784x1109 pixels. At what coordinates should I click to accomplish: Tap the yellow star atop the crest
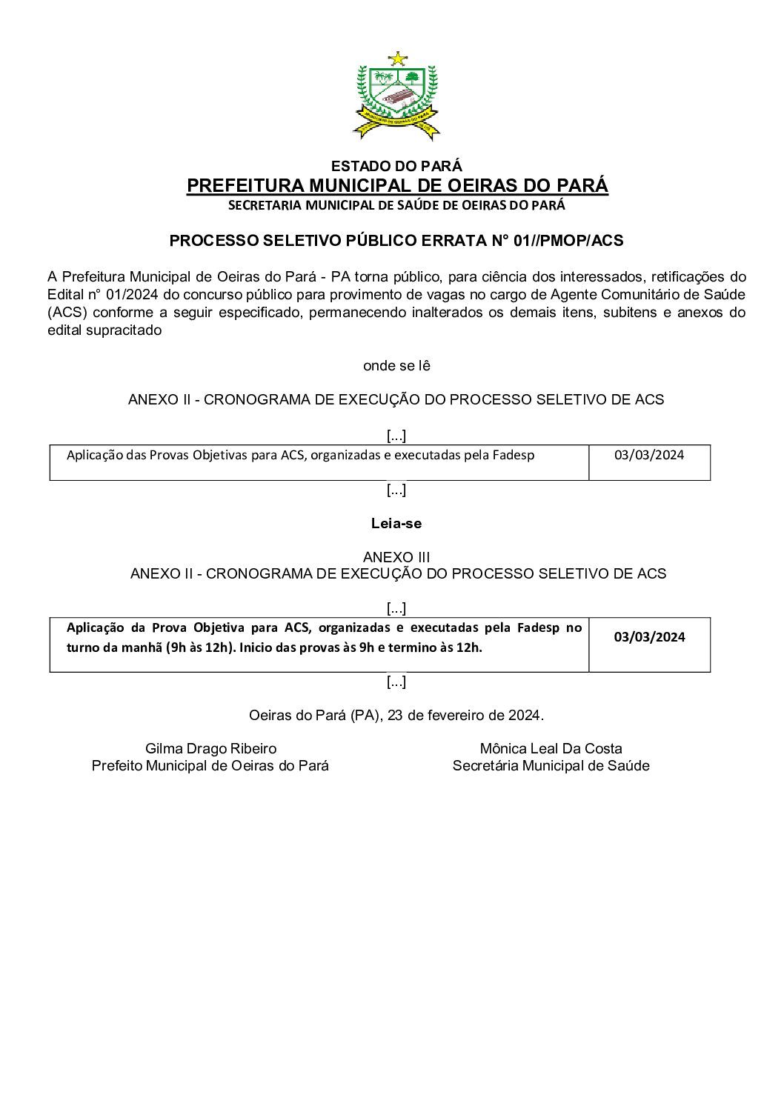click(398, 59)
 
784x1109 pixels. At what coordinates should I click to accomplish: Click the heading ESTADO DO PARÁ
click(396, 166)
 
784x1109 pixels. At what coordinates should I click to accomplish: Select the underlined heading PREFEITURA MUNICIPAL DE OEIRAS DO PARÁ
click(397, 185)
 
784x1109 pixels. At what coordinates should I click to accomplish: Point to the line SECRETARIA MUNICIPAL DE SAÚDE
click(396, 205)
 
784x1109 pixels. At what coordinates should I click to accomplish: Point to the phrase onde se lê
click(396, 366)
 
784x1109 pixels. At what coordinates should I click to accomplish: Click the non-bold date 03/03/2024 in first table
click(649, 455)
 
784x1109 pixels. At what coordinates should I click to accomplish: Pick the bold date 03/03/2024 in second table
click(649, 637)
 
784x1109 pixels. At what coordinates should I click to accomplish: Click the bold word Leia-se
click(396, 524)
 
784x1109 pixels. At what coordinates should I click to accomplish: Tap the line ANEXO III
click(396, 557)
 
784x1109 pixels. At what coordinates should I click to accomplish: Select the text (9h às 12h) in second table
click(195, 647)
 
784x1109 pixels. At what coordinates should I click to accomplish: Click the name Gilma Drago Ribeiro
click(210, 749)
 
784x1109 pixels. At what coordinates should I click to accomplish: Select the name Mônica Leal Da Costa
click(551, 749)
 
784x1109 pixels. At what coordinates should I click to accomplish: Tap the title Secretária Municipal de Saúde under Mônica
click(551, 766)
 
